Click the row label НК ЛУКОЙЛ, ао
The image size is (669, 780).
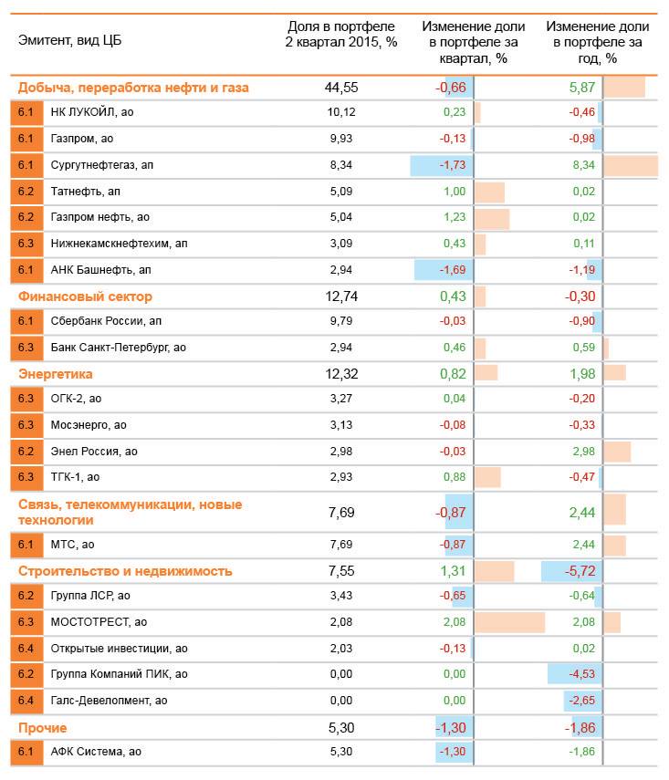[x=92, y=112]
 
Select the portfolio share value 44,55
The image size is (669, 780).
[x=341, y=88]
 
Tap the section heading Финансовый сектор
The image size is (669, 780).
[x=85, y=296]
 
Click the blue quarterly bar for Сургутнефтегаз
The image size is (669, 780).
[x=442, y=165]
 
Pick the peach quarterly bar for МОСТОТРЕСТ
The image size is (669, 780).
[x=509, y=622]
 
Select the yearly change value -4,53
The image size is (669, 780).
[x=580, y=674]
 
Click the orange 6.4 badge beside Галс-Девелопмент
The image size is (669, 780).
[x=26, y=700]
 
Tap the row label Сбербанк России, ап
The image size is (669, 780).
[x=106, y=321]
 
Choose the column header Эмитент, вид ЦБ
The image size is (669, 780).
[x=69, y=40]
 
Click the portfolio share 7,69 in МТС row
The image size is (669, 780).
[x=341, y=545]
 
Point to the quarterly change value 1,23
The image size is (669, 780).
[x=454, y=218]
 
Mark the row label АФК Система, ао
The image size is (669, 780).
[x=96, y=752]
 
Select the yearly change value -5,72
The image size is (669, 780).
[x=580, y=571]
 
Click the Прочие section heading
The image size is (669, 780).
[x=43, y=728]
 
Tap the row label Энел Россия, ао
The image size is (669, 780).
[x=94, y=452]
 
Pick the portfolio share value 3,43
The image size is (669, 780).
[x=341, y=596]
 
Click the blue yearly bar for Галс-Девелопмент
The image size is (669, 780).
[x=582, y=700]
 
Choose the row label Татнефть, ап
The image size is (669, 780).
[x=86, y=192]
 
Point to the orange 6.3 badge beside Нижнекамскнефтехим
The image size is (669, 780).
[x=26, y=244]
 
